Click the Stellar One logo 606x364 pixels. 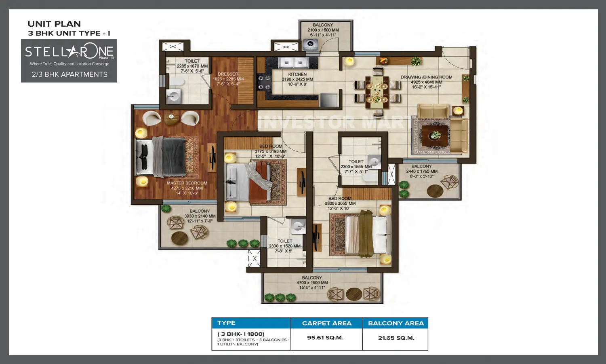click(69, 52)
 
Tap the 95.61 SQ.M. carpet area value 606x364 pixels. click(325, 338)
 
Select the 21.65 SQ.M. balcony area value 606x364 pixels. click(396, 338)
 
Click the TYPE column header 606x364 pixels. click(226, 323)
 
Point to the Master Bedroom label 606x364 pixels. click(187, 183)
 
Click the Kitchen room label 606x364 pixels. click(297, 74)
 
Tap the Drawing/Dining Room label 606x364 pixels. click(426, 77)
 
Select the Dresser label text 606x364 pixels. click(228, 74)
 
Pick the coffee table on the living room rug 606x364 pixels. click(435, 135)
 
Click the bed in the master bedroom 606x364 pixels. click(162, 157)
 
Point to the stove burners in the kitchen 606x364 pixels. click(264, 83)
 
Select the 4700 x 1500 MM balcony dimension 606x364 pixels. click(312, 283)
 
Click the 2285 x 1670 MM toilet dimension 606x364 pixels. click(192, 66)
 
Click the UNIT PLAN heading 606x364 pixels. click(54, 24)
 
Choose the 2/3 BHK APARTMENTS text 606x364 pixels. click(69, 74)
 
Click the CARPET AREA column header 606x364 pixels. click(326, 323)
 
